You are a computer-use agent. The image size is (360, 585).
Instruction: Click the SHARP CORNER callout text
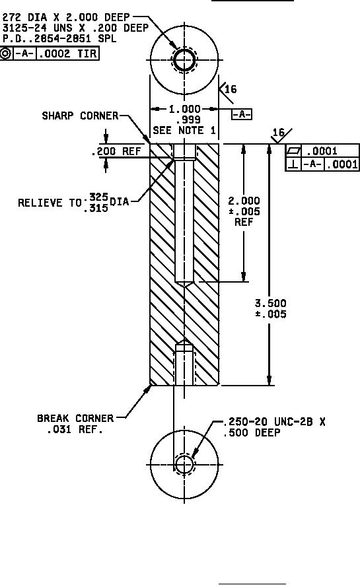click(80, 116)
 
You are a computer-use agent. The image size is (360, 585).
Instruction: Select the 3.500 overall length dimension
click(270, 308)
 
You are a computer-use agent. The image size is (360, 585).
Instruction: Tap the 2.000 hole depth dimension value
click(244, 201)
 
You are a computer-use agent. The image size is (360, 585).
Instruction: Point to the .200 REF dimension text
click(116, 151)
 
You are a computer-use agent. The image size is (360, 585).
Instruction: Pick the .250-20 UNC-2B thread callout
click(274, 422)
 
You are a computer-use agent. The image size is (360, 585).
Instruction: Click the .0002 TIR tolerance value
click(68, 53)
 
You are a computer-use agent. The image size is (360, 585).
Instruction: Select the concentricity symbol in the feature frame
click(6, 53)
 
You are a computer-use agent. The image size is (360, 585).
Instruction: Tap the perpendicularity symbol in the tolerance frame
click(293, 164)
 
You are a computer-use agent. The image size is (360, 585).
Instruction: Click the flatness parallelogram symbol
click(293, 151)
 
